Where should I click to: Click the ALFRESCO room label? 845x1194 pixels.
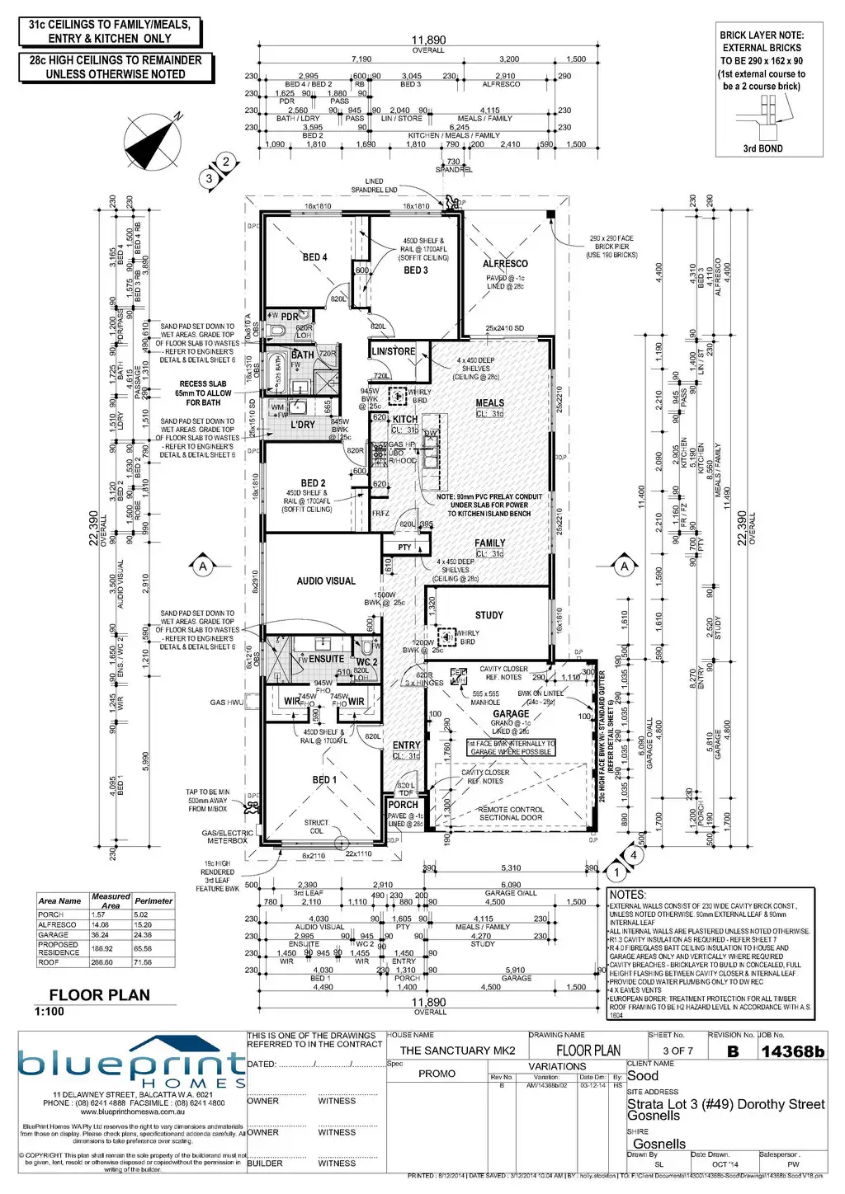(x=505, y=264)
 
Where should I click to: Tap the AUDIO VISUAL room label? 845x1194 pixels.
(x=326, y=581)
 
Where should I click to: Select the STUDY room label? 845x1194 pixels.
(x=489, y=615)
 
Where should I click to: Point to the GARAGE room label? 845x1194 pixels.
(x=511, y=714)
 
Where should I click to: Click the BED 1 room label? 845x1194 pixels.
(x=324, y=780)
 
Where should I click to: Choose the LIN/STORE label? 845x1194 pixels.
(x=394, y=351)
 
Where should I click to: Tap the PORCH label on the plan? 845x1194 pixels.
(x=403, y=805)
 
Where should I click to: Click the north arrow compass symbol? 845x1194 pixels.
(x=153, y=141)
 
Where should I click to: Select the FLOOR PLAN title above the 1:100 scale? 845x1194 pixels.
(x=99, y=995)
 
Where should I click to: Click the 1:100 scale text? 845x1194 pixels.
(x=50, y=1012)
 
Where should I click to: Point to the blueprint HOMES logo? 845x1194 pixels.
(x=132, y=1068)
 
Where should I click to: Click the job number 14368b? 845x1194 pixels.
(x=792, y=1051)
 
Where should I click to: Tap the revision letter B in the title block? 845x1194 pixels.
(x=733, y=1051)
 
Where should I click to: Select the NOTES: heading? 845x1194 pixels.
(x=627, y=895)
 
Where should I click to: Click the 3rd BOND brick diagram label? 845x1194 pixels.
(x=762, y=149)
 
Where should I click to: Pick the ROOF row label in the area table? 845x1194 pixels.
(x=49, y=962)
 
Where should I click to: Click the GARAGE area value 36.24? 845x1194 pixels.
(x=100, y=935)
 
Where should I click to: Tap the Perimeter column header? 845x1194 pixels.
(x=153, y=901)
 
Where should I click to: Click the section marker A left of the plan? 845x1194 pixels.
(x=203, y=566)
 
